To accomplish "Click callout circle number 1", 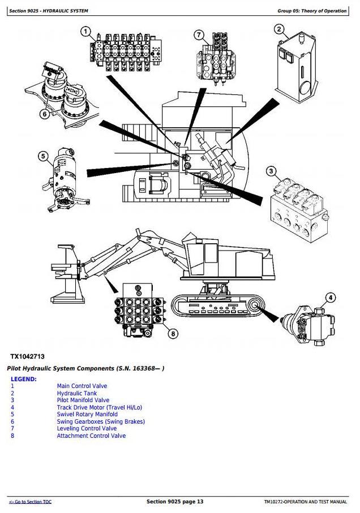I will [x=85, y=32].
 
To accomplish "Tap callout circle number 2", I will [x=279, y=29].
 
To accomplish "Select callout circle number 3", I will [x=272, y=171].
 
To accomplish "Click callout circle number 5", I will [x=43, y=157].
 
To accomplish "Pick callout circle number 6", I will [x=43, y=113].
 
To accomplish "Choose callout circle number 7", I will [x=199, y=35].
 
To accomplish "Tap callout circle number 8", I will [x=173, y=333].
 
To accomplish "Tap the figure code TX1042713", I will [x=27, y=356].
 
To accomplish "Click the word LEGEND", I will [x=24, y=379].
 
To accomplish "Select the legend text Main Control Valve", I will [x=82, y=386].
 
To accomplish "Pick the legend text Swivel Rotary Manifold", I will [x=87, y=415].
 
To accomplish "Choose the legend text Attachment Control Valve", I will [x=91, y=436].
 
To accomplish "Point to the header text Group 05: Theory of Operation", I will [x=312, y=11].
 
